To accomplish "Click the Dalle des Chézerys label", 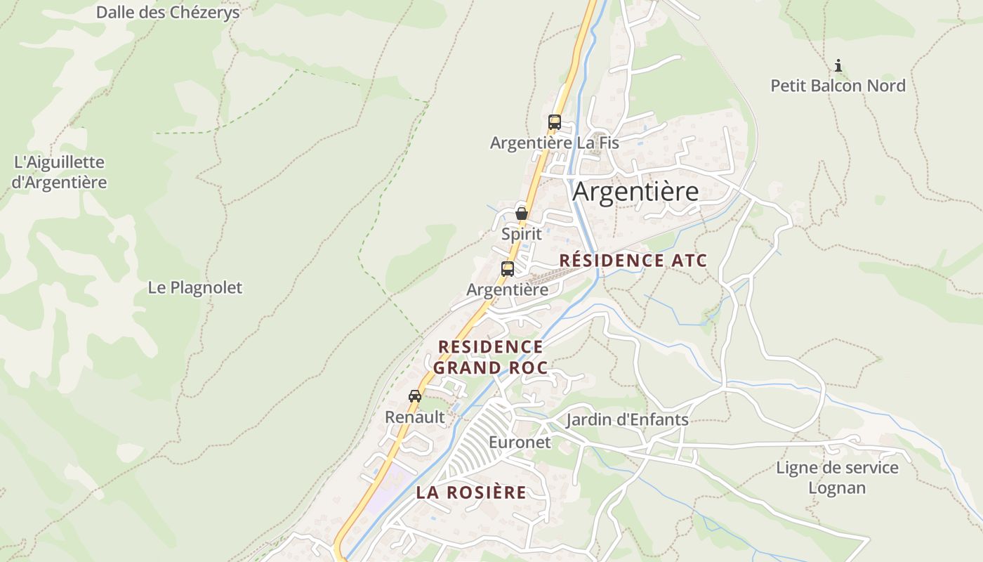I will tap(168, 12).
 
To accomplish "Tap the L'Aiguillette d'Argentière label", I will tap(60, 172).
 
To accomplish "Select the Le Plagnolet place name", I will tap(194, 287).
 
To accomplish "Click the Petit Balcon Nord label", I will tap(838, 86).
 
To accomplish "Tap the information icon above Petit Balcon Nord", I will tap(838, 66).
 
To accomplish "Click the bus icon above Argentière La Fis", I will tap(555, 122).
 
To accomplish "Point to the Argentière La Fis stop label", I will tap(554, 143).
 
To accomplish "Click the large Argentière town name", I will tap(635, 192).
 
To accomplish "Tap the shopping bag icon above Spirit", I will tap(522, 214).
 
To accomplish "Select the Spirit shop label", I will tap(522, 234).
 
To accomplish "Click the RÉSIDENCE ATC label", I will tap(633, 261).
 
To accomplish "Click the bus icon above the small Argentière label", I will tap(508, 268).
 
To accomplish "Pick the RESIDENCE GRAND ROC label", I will tap(490, 357).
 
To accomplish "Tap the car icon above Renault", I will tap(415, 396).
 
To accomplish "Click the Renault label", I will tap(415, 417).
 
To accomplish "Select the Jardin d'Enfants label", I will tap(627, 420).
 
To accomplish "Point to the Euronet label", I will tap(520, 443).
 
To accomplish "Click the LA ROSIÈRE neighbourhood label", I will tap(470, 492).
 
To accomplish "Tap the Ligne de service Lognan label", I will tap(837, 478).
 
